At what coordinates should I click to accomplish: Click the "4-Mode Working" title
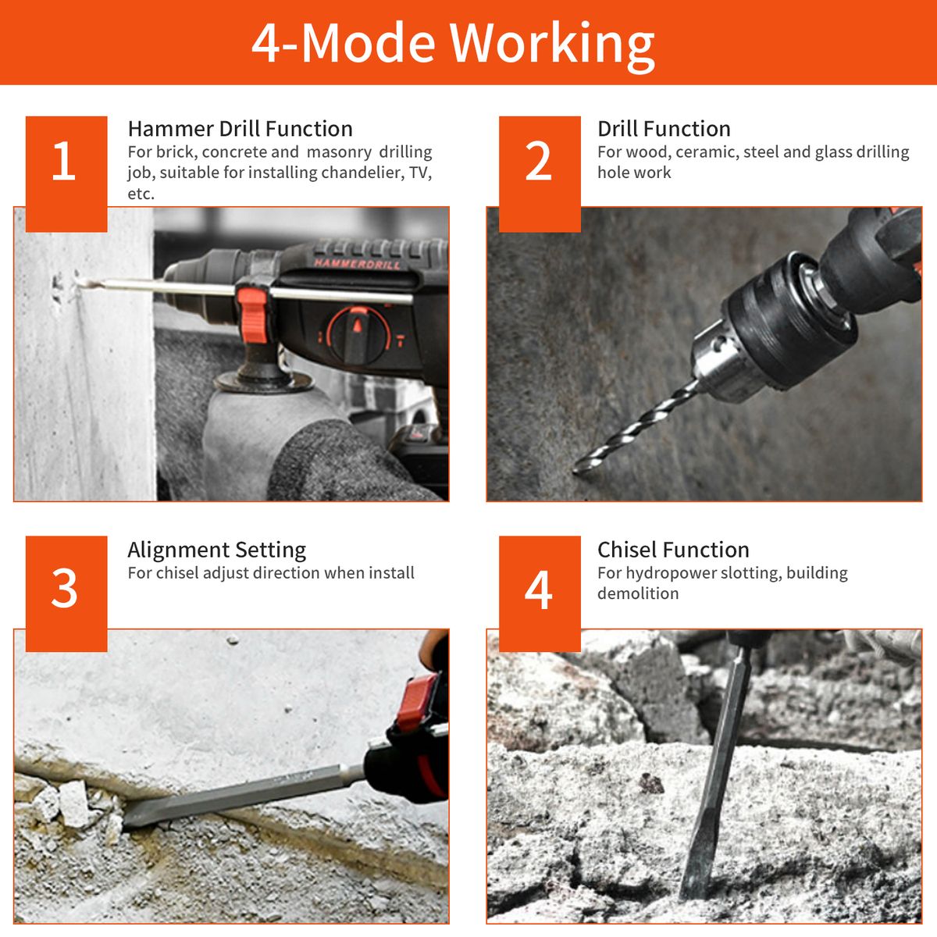point(453,44)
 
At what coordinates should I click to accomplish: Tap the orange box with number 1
point(66,173)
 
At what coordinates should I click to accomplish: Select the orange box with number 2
point(540,173)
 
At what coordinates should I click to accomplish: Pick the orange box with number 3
point(66,593)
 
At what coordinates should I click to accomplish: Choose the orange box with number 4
point(540,593)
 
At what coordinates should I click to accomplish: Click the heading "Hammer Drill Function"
point(240,129)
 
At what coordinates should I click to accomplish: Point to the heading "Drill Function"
point(664,129)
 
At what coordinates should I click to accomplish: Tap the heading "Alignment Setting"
point(217,550)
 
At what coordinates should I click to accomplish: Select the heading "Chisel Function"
point(673,550)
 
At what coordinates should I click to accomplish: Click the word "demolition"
point(638,593)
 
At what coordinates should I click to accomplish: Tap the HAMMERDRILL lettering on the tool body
point(358,263)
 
